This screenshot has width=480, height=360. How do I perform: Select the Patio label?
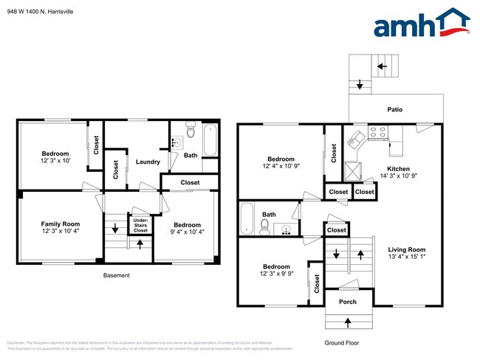[395, 109]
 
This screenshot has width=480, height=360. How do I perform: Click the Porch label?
[347, 302]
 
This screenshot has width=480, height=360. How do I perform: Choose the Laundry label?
[148, 162]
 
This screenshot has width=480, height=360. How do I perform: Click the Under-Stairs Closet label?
[140, 224]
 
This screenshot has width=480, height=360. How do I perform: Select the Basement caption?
[116, 275]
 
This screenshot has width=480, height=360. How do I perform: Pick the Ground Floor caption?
[342, 342]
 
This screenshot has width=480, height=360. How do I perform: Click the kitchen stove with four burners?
[377, 133]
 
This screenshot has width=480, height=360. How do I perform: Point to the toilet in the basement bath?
[190, 132]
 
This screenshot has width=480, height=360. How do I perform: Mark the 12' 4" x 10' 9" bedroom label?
[281, 163]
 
